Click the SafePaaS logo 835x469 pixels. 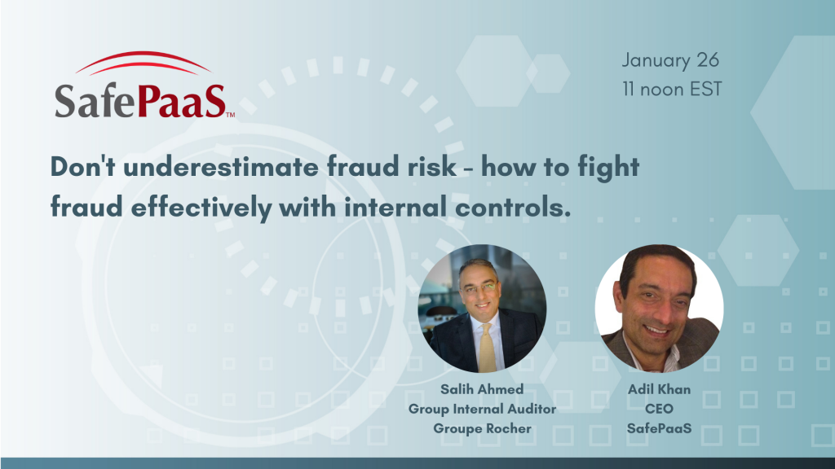(x=144, y=85)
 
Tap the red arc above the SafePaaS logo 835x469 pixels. (x=144, y=59)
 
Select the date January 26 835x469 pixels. (x=670, y=60)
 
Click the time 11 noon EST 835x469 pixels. (x=672, y=89)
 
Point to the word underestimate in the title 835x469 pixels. (x=221, y=167)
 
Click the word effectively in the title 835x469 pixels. (x=201, y=208)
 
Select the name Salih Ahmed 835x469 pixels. (x=482, y=389)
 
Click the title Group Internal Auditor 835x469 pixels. (x=483, y=409)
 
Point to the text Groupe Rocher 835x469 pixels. (x=483, y=428)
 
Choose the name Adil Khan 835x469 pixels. (x=659, y=389)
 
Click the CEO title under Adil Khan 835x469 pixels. (x=659, y=409)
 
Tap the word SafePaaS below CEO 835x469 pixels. (x=659, y=428)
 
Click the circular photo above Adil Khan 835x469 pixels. (x=659, y=309)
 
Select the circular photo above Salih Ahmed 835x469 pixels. (x=483, y=309)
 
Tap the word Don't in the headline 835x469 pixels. (x=83, y=167)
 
